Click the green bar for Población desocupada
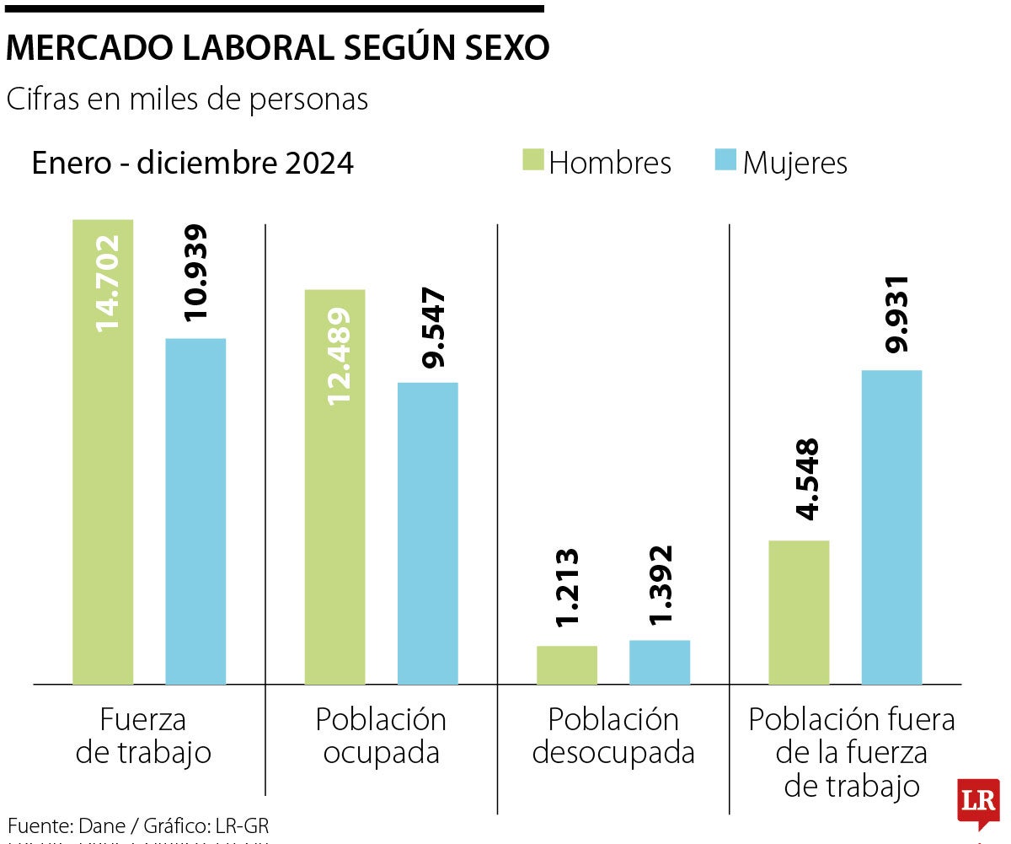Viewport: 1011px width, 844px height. tap(567, 664)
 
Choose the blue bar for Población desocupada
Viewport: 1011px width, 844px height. tap(660, 662)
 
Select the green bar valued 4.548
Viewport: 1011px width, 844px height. tap(800, 611)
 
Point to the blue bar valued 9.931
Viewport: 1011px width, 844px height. tap(892, 527)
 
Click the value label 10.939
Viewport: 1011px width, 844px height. tap(196, 272)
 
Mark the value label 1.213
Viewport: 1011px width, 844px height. tap(568, 588)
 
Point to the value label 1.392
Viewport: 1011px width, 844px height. tap(661, 584)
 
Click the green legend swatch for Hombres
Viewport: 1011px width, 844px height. tap(533, 160)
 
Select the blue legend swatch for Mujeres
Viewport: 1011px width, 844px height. tap(725, 160)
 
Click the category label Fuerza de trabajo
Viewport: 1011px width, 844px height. tap(143, 736)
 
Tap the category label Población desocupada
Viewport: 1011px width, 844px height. tap(613, 736)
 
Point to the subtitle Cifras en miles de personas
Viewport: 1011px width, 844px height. tap(187, 99)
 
